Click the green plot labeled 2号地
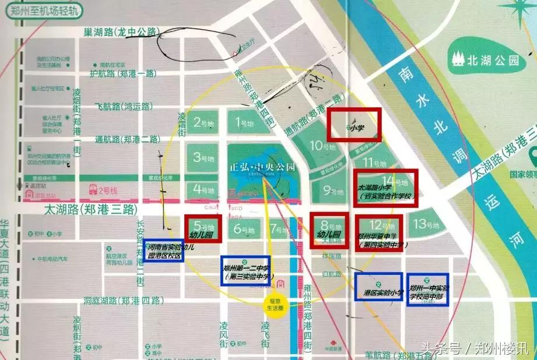(202, 123)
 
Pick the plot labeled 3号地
(202, 157)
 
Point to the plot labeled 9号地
(330, 190)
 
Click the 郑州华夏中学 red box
(378, 233)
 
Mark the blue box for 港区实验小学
(379, 287)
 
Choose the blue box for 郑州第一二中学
(245, 271)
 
